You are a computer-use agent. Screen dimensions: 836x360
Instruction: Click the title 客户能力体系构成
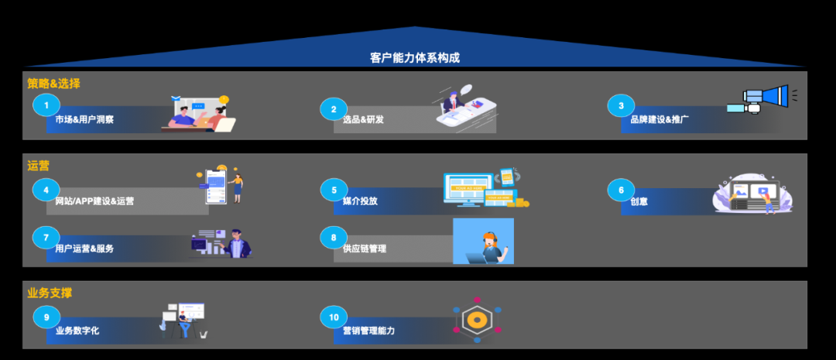[x=415, y=58]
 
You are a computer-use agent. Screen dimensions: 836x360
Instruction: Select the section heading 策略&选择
[x=54, y=84]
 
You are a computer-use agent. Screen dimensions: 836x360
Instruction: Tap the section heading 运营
[x=38, y=165]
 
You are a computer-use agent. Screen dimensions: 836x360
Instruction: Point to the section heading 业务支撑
[x=49, y=293]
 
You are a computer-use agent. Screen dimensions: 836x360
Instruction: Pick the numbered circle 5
[x=334, y=190]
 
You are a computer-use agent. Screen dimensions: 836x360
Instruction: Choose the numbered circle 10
[x=334, y=317]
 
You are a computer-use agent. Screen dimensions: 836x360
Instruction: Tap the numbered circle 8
[x=334, y=238]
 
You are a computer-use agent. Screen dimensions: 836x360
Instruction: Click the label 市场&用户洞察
[x=84, y=120]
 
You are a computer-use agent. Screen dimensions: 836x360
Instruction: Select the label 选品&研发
[x=363, y=120]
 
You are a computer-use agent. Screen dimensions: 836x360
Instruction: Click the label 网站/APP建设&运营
[x=94, y=201]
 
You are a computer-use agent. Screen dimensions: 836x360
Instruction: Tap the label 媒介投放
[x=360, y=201]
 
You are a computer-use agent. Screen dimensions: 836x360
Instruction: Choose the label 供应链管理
[x=365, y=249]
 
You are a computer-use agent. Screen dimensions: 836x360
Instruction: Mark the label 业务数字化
[x=77, y=331]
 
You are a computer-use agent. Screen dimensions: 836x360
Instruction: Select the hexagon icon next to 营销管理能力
[x=478, y=320]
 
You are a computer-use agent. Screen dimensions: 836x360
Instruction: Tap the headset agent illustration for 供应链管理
[x=484, y=242]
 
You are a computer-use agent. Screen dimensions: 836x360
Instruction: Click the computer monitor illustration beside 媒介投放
[x=469, y=188]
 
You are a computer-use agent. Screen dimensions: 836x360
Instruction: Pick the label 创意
[x=639, y=201]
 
